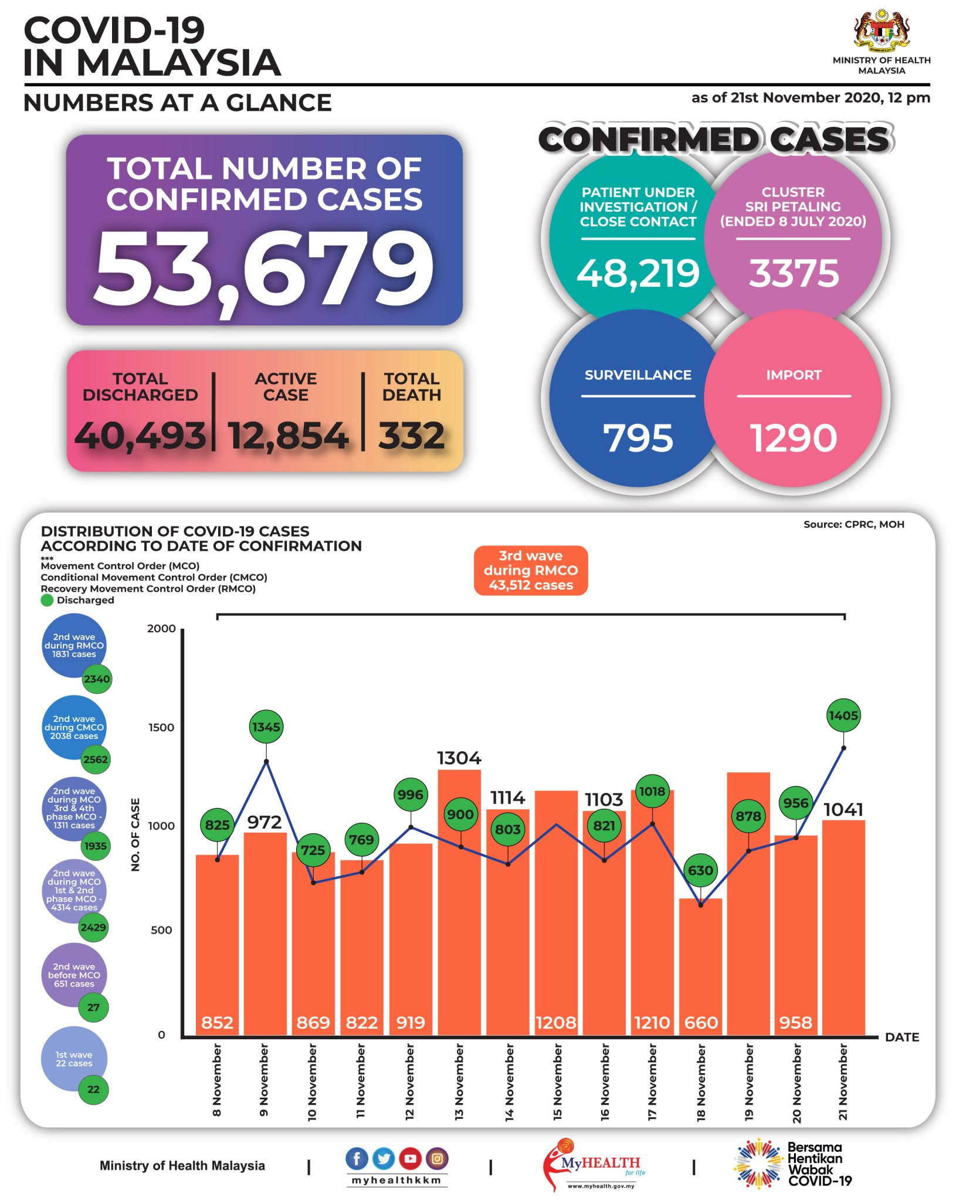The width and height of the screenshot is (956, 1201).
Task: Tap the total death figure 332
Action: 412,436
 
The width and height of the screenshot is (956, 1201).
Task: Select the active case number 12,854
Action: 287,436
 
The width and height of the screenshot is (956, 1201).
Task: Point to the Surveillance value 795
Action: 638,438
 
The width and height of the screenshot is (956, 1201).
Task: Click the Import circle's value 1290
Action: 794,438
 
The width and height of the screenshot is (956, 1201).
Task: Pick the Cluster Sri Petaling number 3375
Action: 794,273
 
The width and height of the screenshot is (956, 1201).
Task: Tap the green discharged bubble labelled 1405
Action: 843,715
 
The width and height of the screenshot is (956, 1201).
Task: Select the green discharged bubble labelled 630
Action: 700,870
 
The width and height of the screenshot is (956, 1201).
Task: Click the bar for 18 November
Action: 700,968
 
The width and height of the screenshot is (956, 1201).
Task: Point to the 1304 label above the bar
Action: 459,758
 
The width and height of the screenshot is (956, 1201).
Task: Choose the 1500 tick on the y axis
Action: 161,727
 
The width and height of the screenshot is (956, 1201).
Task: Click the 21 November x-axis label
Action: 843,1082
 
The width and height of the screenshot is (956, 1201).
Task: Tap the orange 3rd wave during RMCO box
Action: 531,570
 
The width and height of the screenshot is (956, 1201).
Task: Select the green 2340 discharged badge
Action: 96,679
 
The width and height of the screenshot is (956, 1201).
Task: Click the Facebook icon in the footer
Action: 357,1158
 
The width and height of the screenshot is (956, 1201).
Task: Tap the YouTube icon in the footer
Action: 410,1158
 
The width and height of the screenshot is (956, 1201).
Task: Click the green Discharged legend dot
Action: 47,600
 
